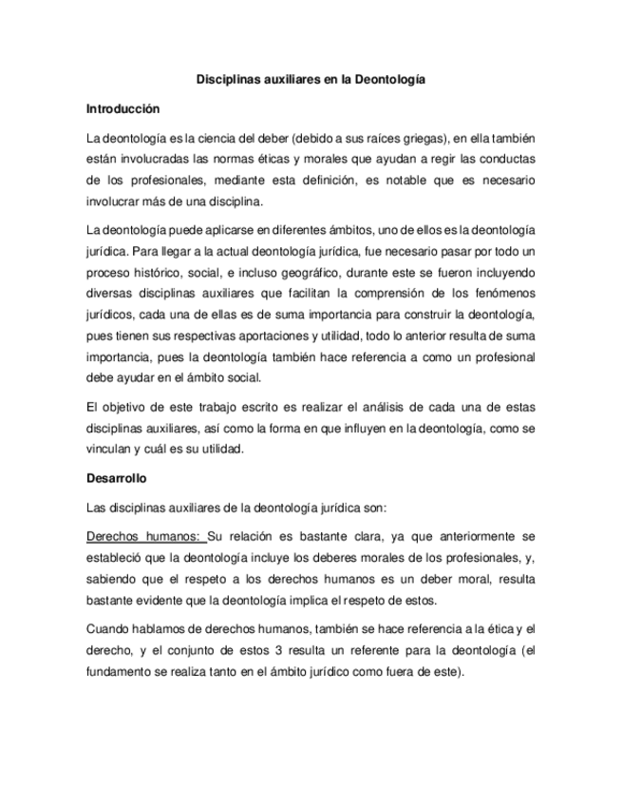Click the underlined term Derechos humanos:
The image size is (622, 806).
(144, 536)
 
